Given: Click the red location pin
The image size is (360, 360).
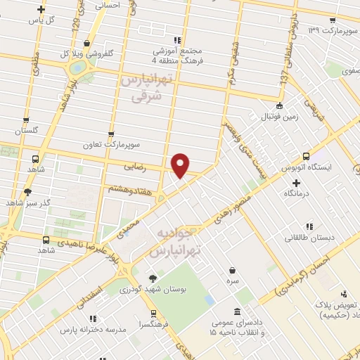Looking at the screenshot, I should pyautogui.click(x=181, y=165).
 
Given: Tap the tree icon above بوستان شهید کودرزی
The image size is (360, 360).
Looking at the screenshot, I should pyautogui.click(x=153, y=278).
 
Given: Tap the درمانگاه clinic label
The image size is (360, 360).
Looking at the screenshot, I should pyautogui.click(x=297, y=193).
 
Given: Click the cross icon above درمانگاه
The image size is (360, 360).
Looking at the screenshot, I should pyautogui.click(x=297, y=181).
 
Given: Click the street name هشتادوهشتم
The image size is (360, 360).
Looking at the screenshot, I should pyautogui.click(x=131, y=188).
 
